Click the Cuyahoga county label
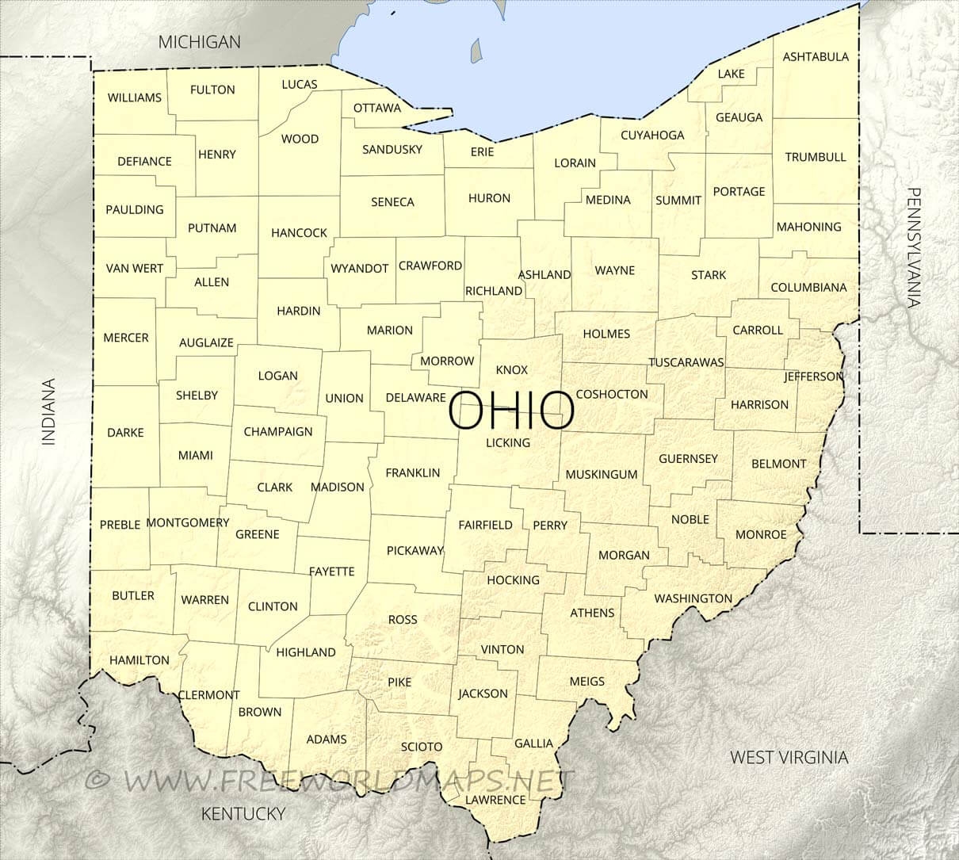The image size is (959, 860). [x=652, y=135]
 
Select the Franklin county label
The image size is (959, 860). [x=412, y=473]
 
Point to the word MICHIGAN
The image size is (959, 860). [x=199, y=42]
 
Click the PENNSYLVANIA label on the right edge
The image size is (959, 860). [x=915, y=247]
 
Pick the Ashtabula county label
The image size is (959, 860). [x=816, y=57]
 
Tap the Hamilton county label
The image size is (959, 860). [x=139, y=659]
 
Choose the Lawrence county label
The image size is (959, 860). [x=495, y=799]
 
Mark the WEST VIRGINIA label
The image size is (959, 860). [x=789, y=757]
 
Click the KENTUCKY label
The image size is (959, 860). [x=243, y=813]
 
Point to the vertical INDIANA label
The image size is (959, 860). [x=49, y=412]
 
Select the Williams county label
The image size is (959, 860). [x=135, y=97]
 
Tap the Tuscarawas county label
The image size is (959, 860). [x=686, y=362]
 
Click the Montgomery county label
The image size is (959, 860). [x=188, y=522]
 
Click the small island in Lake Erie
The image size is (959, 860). [x=476, y=51]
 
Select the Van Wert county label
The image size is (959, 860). [x=135, y=268]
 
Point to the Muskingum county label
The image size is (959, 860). [x=602, y=475]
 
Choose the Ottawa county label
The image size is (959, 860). [x=377, y=108]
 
